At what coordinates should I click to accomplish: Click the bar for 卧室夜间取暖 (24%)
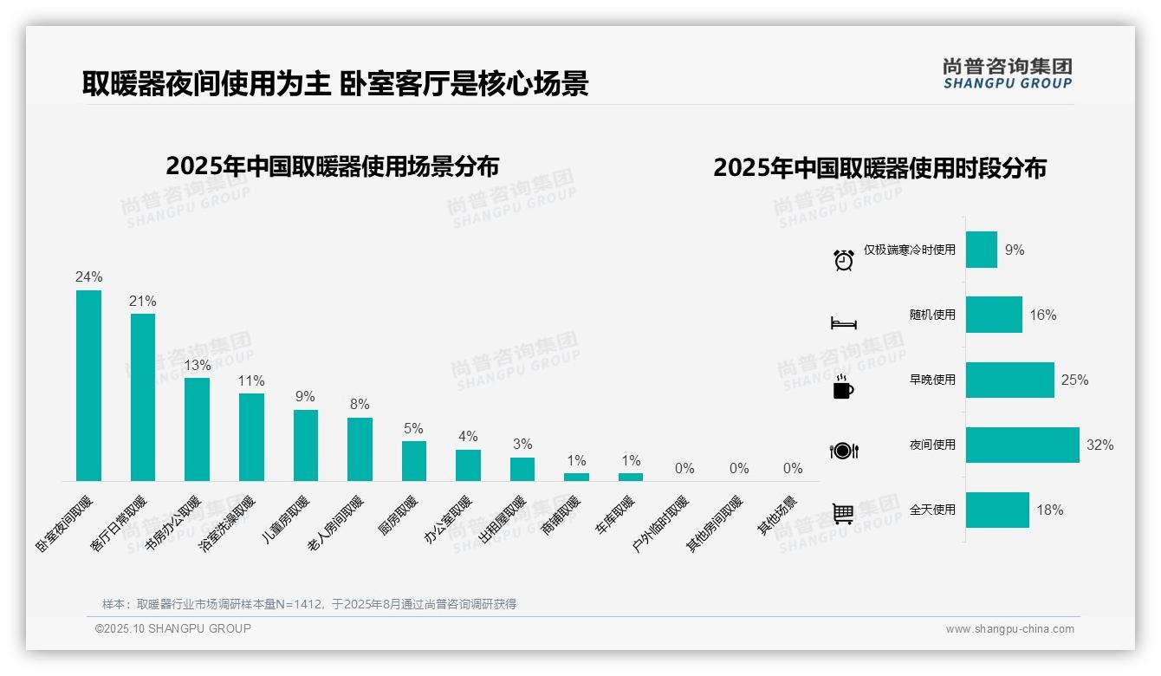click(x=88, y=386)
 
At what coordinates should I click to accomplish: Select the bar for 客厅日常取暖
click(x=143, y=397)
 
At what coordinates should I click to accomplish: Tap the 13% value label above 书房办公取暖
click(x=197, y=365)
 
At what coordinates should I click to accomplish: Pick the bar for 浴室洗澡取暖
click(x=251, y=437)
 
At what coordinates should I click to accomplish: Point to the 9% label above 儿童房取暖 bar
click(x=305, y=397)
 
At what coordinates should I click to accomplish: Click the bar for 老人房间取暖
click(x=360, y=449)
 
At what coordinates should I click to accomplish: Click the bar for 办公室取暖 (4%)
click(x=468, y=465)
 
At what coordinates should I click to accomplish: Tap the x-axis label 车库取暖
click(x=616, y=515)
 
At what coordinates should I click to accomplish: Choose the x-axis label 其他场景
click(x=778, y=516)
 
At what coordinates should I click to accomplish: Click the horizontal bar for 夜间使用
click(x=1022, y=445)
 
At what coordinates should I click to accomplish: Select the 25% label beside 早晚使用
click(x=1074, y=380)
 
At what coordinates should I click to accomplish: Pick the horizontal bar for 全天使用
click(x=997, y=510)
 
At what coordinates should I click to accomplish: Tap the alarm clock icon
click(x=844, y=259)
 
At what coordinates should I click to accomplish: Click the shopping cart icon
click(x=843, y=513)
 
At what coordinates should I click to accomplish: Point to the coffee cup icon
click(x=843, y=387)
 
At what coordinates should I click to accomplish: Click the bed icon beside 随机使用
click(x=843, y=323)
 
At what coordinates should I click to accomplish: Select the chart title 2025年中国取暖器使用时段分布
click(x=879, y=167)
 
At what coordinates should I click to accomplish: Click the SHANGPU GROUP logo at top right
click(x=1007, y=74)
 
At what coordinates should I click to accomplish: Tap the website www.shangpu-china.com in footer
click(x=1009, y=629)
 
